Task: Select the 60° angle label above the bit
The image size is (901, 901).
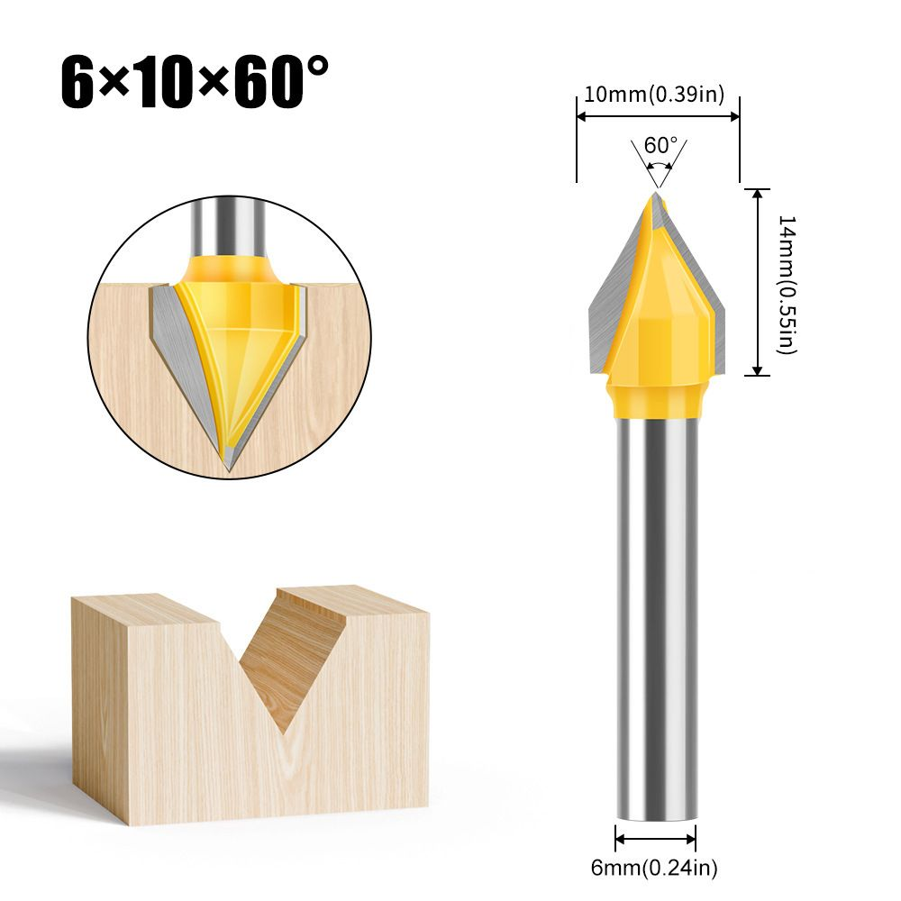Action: tap(660, 145)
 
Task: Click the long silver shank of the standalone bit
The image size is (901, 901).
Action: tap(656, 613)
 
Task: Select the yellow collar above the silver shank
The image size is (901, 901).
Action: tap(656, 399)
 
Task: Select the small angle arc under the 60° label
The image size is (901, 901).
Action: tap(661, 167)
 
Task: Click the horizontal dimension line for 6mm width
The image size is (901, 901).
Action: tap(656, 839)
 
